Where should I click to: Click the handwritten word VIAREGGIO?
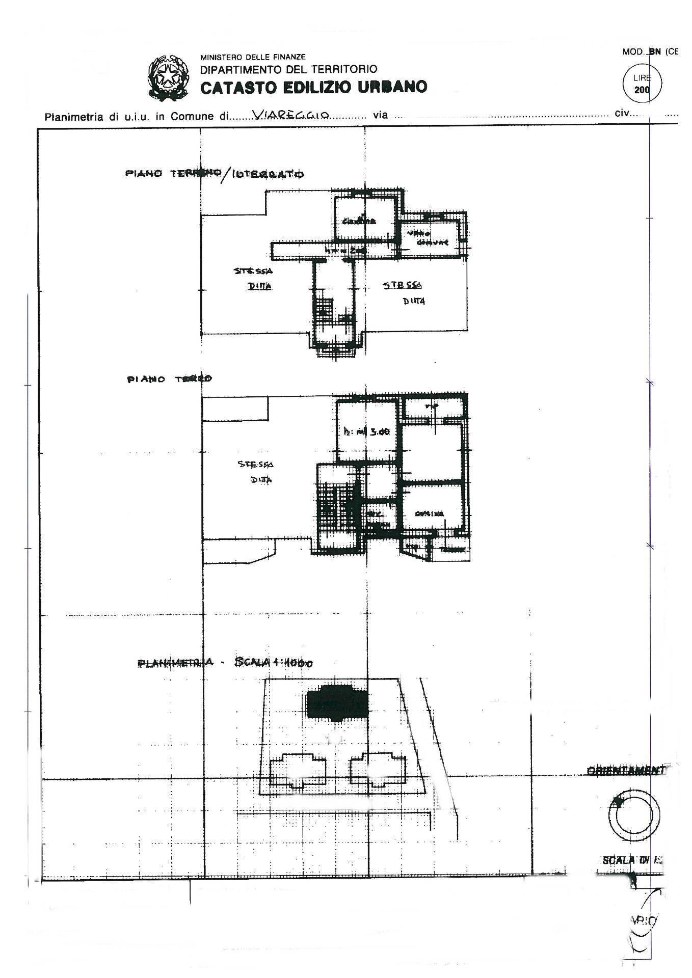pyautogui.click(x=292, y=116)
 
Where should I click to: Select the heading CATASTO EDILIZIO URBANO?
pyautogui.click(x=313, y=88)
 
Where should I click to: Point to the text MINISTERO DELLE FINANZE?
pyautogui.click(x=253, y=57)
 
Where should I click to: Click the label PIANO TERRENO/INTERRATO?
pyautogui.click(x=215, y=174)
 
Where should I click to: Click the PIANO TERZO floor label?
pyautogui.click(x=170, y=379)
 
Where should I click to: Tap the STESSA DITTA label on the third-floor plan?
pyautogui.click(x=256, y=472)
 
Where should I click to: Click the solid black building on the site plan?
pyautogui.click(x=336, y=703)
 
